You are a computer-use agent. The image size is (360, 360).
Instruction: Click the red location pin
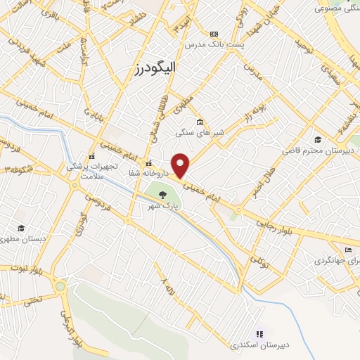click(x=181, y=165)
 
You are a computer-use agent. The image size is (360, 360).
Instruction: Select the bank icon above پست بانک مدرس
click(x=214, y=33)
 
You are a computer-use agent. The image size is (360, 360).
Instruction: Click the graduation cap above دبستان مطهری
click(x=21, y=229)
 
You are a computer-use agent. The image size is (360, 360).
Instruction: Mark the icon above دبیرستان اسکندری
click(x=259, y=334)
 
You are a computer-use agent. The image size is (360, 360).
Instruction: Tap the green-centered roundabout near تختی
click(x=60, y=286)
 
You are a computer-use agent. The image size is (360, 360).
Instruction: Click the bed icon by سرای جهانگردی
click(x=347, y=250)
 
